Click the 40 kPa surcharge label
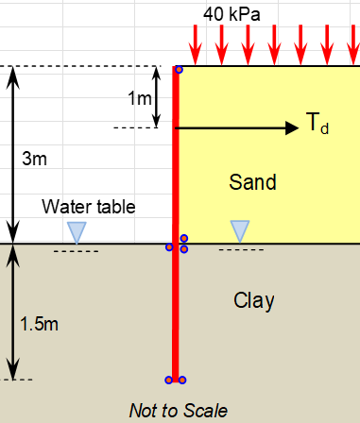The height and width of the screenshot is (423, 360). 231,13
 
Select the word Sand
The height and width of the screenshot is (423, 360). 253,183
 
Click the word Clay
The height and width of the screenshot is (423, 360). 253,301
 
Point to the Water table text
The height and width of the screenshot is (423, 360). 89,207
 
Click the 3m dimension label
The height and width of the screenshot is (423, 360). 33,159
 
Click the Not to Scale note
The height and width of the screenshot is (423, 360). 179,410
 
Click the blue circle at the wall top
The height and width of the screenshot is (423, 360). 180,69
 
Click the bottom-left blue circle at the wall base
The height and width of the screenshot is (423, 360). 169,381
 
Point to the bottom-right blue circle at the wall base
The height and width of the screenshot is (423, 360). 182,381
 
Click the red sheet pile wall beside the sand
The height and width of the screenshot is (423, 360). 176,161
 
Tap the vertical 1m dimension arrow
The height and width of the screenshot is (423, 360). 157,96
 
